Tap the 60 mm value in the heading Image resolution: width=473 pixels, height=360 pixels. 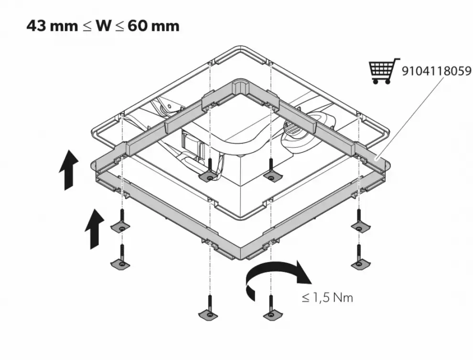[154, 25]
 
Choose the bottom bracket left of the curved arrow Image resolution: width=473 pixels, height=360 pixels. [208, 314]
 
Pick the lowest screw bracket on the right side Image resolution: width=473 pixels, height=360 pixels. [359, 263]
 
